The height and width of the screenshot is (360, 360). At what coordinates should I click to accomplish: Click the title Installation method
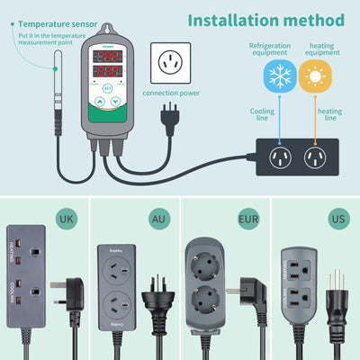266,20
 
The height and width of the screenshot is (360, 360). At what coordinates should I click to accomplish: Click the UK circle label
66,218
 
